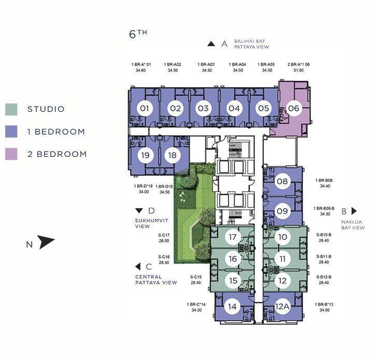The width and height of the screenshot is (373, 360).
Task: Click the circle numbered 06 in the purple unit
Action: click(x=294, y=108)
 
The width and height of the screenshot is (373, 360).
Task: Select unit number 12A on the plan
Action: click(x=282, y=307)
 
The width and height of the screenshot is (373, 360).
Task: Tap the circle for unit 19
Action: click(x=146, y=155)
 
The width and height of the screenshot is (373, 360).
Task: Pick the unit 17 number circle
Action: click(x=233, y=237)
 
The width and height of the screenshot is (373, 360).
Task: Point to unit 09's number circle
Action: click(x=282, y=211)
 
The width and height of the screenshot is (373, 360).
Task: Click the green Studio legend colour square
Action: click(x=11, y=109)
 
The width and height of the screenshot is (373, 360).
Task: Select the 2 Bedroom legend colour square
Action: click(x=11, y=154)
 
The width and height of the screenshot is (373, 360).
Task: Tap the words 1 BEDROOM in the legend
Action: click(x=56, y=132)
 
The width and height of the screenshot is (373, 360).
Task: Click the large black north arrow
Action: click(x=46, y=242)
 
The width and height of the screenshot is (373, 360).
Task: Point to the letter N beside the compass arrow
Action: click(x=29, y=244)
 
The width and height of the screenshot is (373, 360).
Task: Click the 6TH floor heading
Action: click(x=138, y=34)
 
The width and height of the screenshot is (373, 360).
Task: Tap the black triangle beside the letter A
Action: click(x=211, y=44)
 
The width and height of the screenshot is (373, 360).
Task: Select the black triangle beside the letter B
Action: click(x=354, y=211)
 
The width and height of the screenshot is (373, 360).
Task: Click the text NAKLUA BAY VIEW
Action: click(x=353, y=225)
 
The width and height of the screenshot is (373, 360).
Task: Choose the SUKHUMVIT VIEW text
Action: click(x=151, y=224)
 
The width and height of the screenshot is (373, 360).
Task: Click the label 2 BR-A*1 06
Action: click(x=298, y=64)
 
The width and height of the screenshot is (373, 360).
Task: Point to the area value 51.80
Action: click(x=298, y=70)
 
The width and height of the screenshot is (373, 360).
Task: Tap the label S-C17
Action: click(x=164, y=235)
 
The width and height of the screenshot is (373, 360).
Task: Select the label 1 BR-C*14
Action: click(x=196, y=305)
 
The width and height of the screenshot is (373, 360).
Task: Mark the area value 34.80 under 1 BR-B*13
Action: click(x=324, y=310)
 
